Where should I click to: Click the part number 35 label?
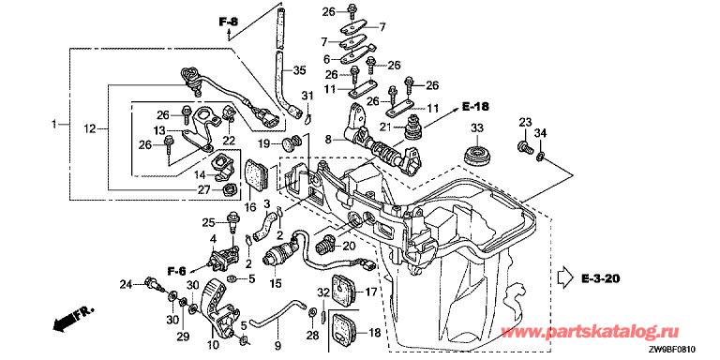coord(299,70)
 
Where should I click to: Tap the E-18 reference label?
coord(474,107)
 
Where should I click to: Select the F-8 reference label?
coord(228,22)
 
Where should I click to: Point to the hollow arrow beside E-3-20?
coord(564,277)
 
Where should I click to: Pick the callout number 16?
coord(250,207)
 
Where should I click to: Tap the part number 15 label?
coord(275,284)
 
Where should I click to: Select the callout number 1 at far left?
coord(54,124)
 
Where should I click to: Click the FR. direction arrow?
coord(63,321)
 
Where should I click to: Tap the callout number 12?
coord(90,129)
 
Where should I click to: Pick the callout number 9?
coord(277,343)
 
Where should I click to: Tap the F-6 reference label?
coord(177,272)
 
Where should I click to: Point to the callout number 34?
coord(541,134)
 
